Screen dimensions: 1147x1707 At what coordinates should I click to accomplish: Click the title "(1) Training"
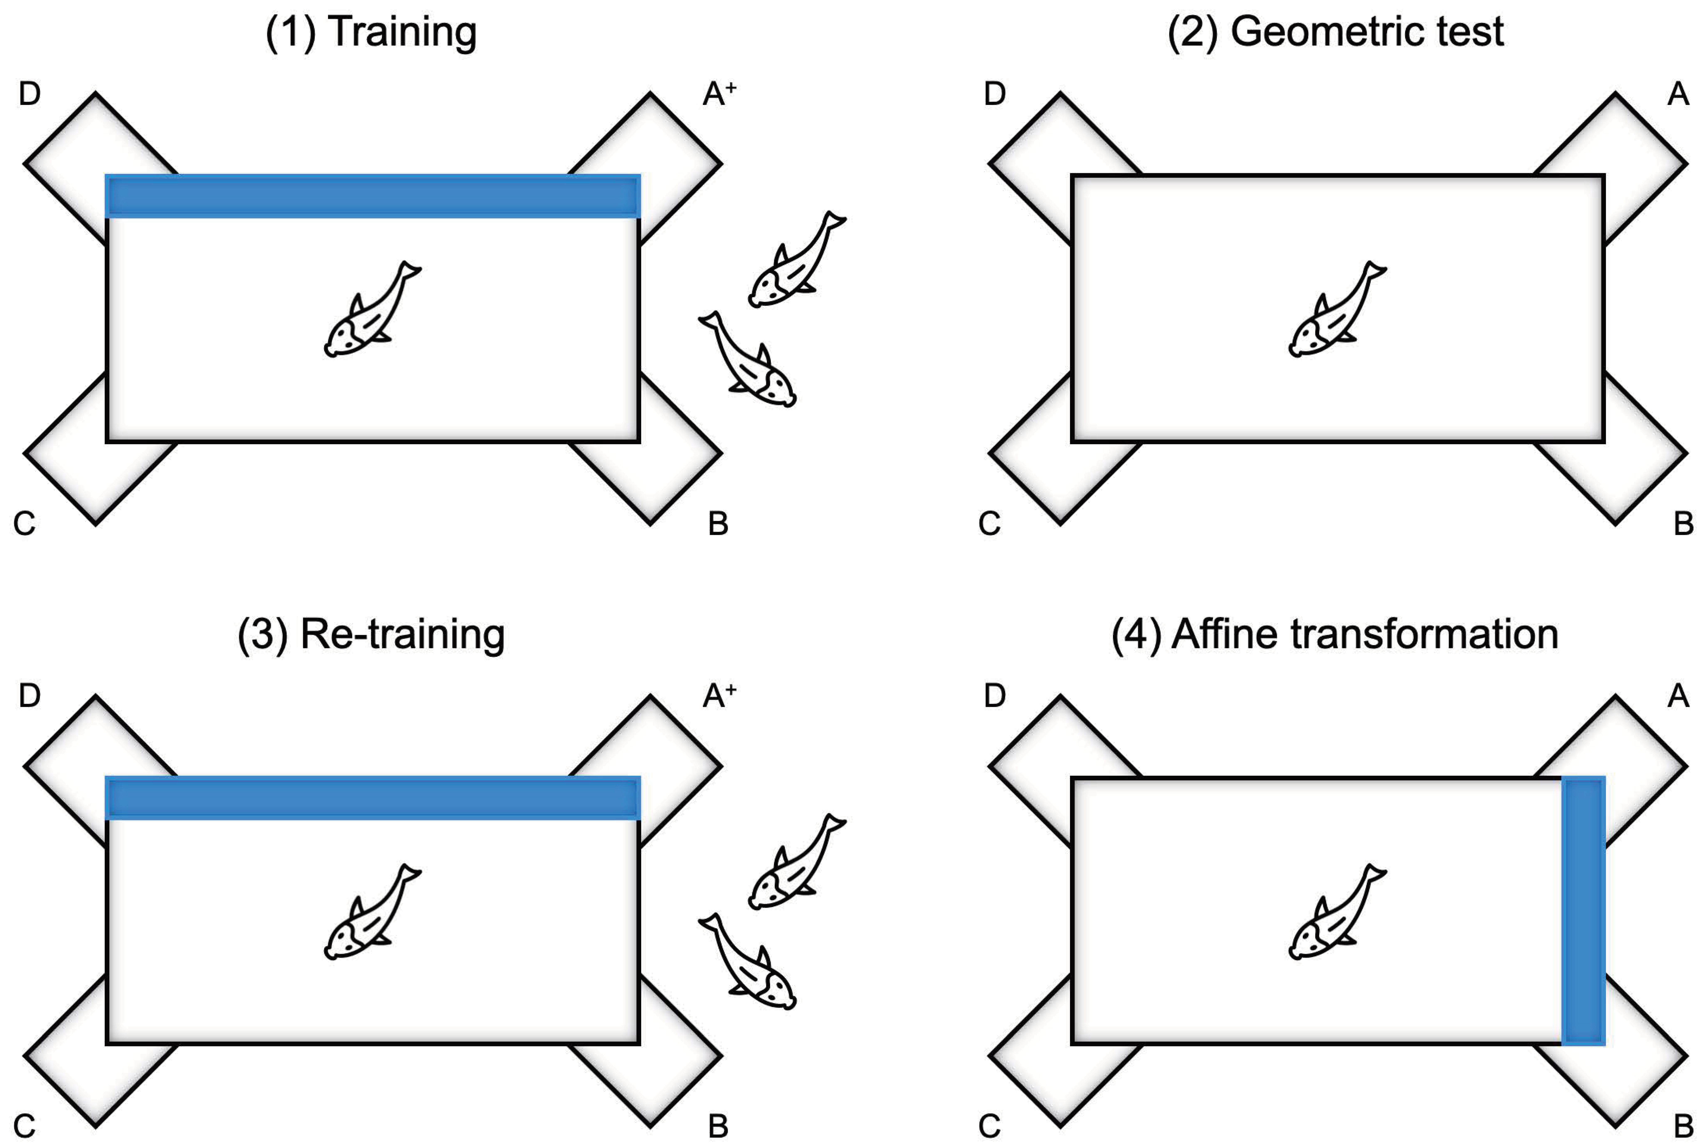(371, 33)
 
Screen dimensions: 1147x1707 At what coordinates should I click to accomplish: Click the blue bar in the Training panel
(373, 196)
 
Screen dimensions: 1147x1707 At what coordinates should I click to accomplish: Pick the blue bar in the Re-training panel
(373, 798)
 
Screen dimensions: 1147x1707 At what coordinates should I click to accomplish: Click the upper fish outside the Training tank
(796, 260)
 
